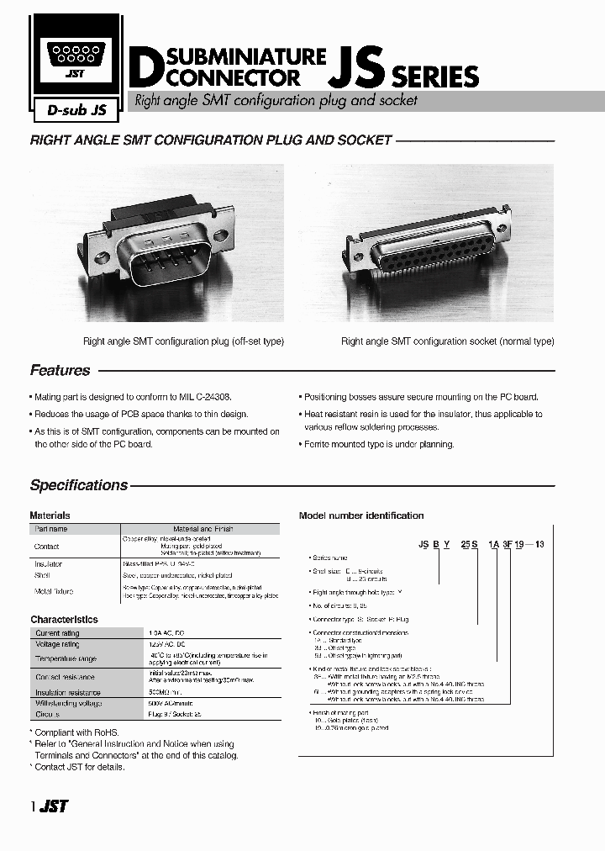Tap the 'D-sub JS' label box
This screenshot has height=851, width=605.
coord(71,108)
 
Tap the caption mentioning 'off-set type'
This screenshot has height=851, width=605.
coord(183,341)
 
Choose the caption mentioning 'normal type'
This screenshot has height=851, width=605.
coord(447,341)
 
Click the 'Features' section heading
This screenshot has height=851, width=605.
coord(60,370)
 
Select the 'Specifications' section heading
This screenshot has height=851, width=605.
coord(79,485)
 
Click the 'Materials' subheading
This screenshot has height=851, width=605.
coord(50,515)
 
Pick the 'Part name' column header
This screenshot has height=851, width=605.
coord(51,529)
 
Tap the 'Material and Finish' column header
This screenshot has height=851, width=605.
coord(203,529)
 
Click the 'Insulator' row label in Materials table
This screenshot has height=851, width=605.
coord(49,564)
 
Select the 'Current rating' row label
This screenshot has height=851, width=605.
coord(57,633)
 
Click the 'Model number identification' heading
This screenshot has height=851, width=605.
coord(361,515)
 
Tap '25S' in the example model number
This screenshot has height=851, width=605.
coord(470,544)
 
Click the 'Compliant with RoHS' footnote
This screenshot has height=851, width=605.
coord(78,732)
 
